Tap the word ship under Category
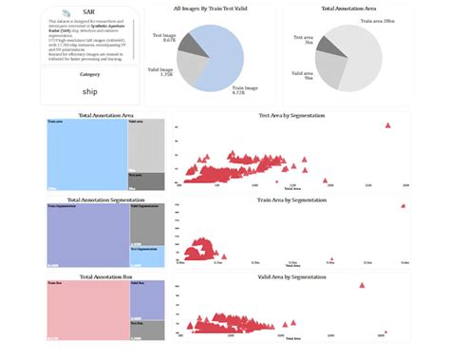pos(90,91)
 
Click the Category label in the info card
pos(90,73)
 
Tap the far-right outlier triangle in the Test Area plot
pos(387,125)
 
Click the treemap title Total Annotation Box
pos(104,276)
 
